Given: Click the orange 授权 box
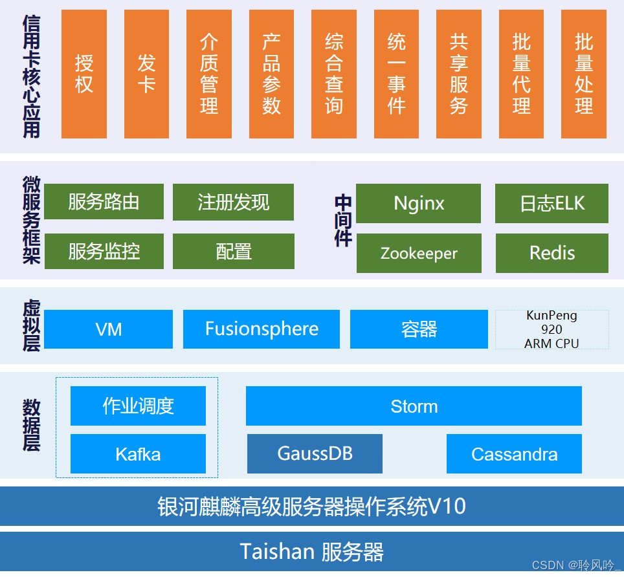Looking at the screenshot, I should pyautogui.click(x=84, y=74).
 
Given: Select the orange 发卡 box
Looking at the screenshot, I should pyautogui.click(x=146, y=74).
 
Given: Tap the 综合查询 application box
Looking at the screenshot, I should pyautogui.click(x=334, y=74).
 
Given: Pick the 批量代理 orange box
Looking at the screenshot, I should pyautogui.click(x=521, y=74).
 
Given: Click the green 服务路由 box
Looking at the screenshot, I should pyautogui.click(x=104, y=202).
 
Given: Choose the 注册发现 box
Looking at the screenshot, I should pyautogui.click(x=233, y=202).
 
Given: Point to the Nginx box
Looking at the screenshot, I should pyautogui.click(x=419, y=203).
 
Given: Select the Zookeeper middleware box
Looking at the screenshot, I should pyautogui.click(x=419, y=253).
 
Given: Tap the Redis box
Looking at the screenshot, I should pyautogui.click(x=552, y=253).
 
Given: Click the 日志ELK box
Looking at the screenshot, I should pyautogui.click(x=552, y=203).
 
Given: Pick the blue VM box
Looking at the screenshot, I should pyautogui.click(x=108, y=329).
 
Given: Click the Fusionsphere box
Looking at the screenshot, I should pyautogui.click(x=262, y=329).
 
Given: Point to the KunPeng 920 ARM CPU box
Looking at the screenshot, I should pyautogui.click(x=552, y=329).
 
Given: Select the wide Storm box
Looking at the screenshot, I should pyautogui.click(x=414, y=406).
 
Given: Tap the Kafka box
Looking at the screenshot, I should pyautogui.click(x=138, y=453).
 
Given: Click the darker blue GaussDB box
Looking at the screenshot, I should pyautogui.click(x=315, y=453).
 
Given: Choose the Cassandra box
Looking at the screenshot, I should pyautogui.click(x=514, y=453).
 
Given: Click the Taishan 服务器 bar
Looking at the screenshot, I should pyautogui.click(x=312, y=552).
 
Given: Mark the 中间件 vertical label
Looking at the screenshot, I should pyautogui.click(x=343, y=220).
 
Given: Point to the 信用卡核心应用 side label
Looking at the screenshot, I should pyautogui.click(x=31, y=76).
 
